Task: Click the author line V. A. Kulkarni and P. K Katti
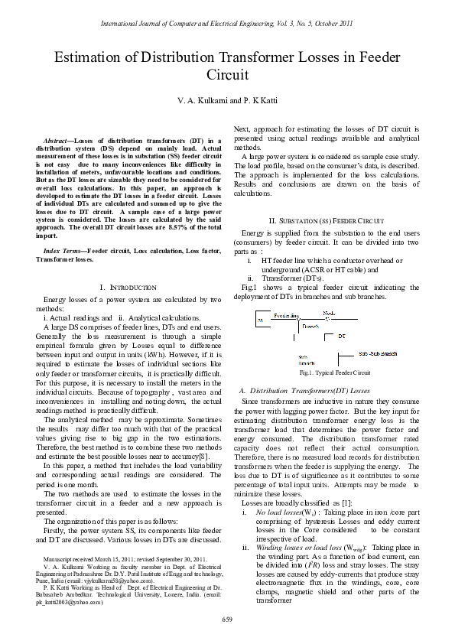pyautogui.click(x=227, y=100)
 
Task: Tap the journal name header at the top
pyautogui.click(x=227, y=24)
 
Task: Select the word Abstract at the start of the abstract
pyautogui.click(x=60, y=141)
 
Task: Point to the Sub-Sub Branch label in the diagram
pyautogui.click(x=378, y=353)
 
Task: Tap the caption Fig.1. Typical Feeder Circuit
pyautogui.click(x=335, y=372)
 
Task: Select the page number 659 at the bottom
pyautogui.click(x=227, y=618)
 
